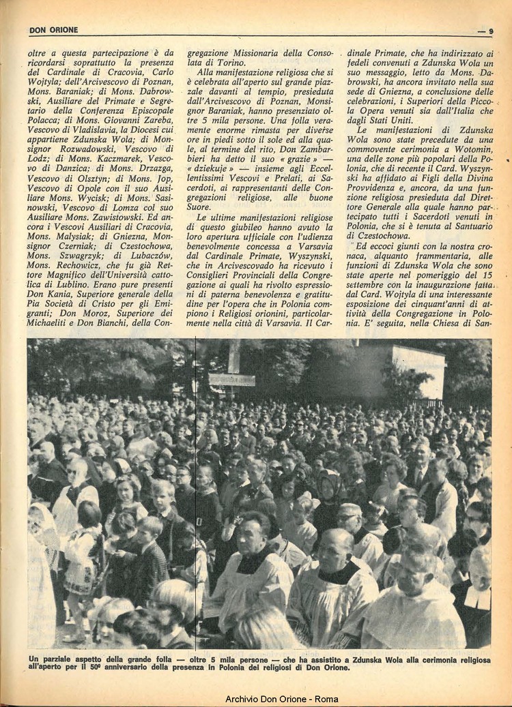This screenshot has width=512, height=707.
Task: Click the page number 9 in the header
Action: tap(491, 31)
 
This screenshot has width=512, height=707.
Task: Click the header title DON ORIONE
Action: tap(53, 30)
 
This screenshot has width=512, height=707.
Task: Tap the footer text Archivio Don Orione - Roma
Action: tap(281, 699)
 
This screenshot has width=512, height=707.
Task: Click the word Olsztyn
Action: tap(98, 179)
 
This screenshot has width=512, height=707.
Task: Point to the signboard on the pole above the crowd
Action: tap(233, 379)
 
